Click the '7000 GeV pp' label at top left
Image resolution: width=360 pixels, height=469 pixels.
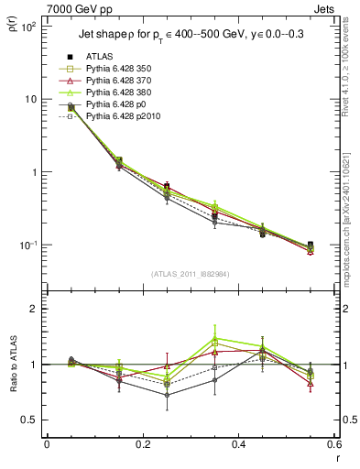(76, 8)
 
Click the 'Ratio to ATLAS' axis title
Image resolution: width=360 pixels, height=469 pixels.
(10, 365)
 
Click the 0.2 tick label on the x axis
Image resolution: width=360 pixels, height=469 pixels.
(142, 447)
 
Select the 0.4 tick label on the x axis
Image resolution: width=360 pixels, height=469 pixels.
(238, 447)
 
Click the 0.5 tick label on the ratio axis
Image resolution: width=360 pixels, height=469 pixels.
(31, 420)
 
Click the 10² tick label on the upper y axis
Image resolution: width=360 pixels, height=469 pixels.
(29, 27)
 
